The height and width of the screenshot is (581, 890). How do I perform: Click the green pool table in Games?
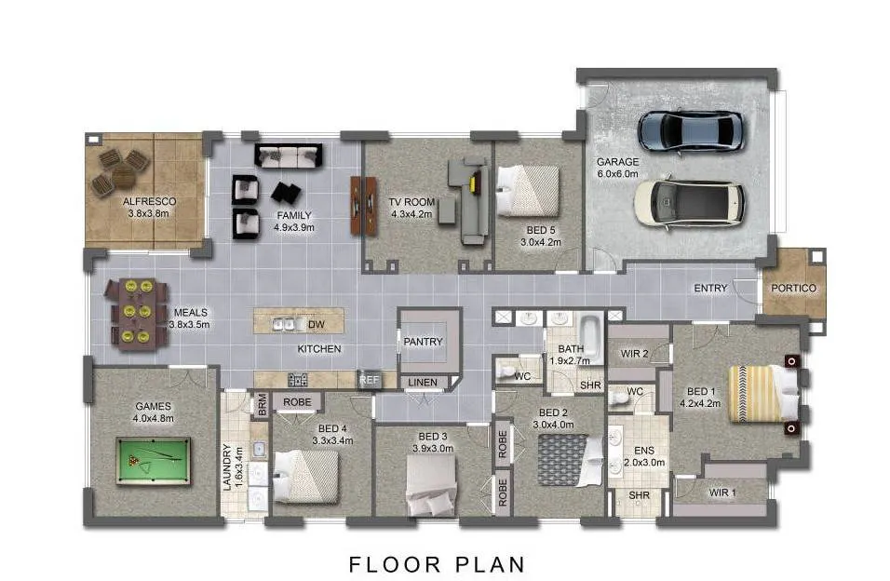pyautogui.click(x=153, y=461)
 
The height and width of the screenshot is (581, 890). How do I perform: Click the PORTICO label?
pyautogui.click(x=793, y=288)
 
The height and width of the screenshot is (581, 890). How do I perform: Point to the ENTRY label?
pyautogui.click(x=710, y=288)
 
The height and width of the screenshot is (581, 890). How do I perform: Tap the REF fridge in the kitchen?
pyautogui.click(x=369, y=380)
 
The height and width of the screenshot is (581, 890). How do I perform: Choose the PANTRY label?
pyautogui.click(x=423, y=342)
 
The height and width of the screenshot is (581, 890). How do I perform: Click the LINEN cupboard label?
pyautogui.click(x=423, y=383)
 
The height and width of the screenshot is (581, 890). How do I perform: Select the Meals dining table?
pyautogui.click(x=137, y=312)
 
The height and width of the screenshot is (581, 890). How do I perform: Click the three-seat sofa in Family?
pyautogui.click(x=289, y=155)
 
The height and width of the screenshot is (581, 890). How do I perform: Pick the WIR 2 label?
pyautogui.click(x=634, y=353)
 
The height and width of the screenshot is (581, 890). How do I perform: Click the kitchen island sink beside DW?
pyautogui.click(x=288, y=324)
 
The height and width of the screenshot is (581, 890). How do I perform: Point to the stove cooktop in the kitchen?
pyautogui.click(x=297, y=380)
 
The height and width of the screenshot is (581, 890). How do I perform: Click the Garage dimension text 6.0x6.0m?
pyautogui.click(x=617, y=174)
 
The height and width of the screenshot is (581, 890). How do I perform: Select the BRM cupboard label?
pyautogui.click(x=262, y=405)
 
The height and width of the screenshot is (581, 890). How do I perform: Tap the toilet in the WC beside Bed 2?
pyautogui.click(x=506, y=372)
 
